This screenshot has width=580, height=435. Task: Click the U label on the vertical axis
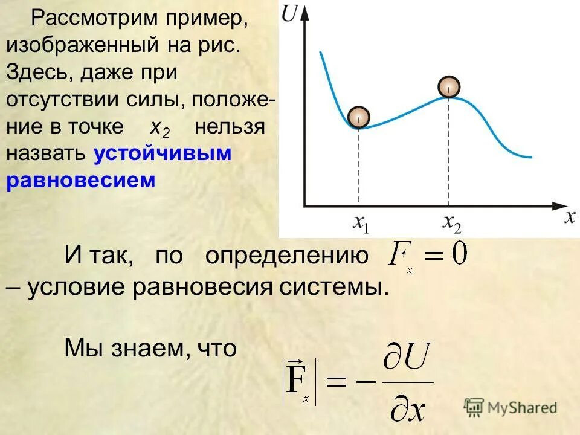pos(289,13)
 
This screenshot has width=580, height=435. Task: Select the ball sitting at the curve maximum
pos(449,87)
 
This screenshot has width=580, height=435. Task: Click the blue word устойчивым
pos(163,153)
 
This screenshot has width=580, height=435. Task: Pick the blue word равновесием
pos(81,180)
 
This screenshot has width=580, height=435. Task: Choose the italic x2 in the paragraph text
pos(160,127)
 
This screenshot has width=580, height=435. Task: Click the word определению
pos(286,256)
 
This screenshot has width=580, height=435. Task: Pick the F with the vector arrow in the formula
pos(297,381)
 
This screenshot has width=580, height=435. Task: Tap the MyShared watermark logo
pos(511,407)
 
